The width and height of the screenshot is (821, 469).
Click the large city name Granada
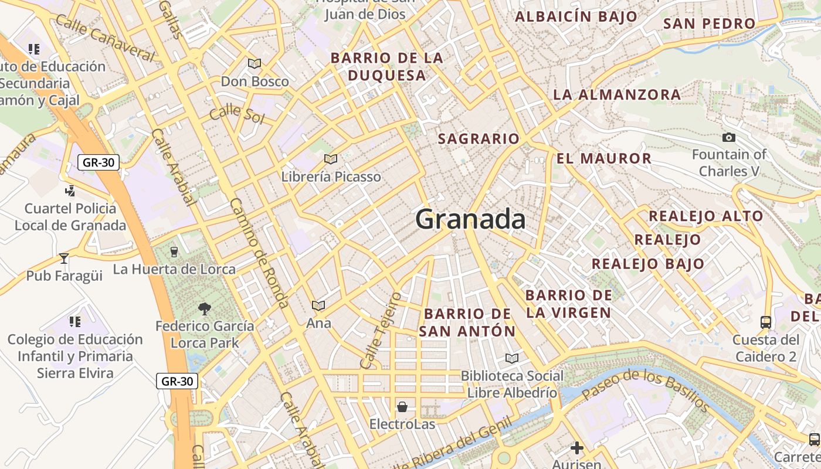[x=470, y=219]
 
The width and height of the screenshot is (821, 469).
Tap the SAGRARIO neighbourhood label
[x=479, y=139]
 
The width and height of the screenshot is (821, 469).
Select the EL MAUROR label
[x=603, y=158]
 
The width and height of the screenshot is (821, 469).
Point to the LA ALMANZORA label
[x=617, y=94]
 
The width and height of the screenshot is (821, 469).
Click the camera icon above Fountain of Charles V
[x=728, y=137]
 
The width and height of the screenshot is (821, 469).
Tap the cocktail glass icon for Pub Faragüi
[x=64, y=258]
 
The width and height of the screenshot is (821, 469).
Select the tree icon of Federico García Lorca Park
[x=205, y=308]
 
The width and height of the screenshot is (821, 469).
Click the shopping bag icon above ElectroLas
[x=402, y=406]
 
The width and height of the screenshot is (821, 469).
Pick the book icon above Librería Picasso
[x=331, y=159]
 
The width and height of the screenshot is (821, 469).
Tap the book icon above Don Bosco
[x=255, y=63]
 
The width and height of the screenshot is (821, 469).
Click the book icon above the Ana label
[x=318, y=305]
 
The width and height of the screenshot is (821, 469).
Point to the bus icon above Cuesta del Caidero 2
[x=766, y=322]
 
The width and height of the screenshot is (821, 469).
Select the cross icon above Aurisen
[x=577, y=448]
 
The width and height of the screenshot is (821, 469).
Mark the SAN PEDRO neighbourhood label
[x=709, y=24]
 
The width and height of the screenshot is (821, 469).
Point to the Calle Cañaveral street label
[x=106, y=38]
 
